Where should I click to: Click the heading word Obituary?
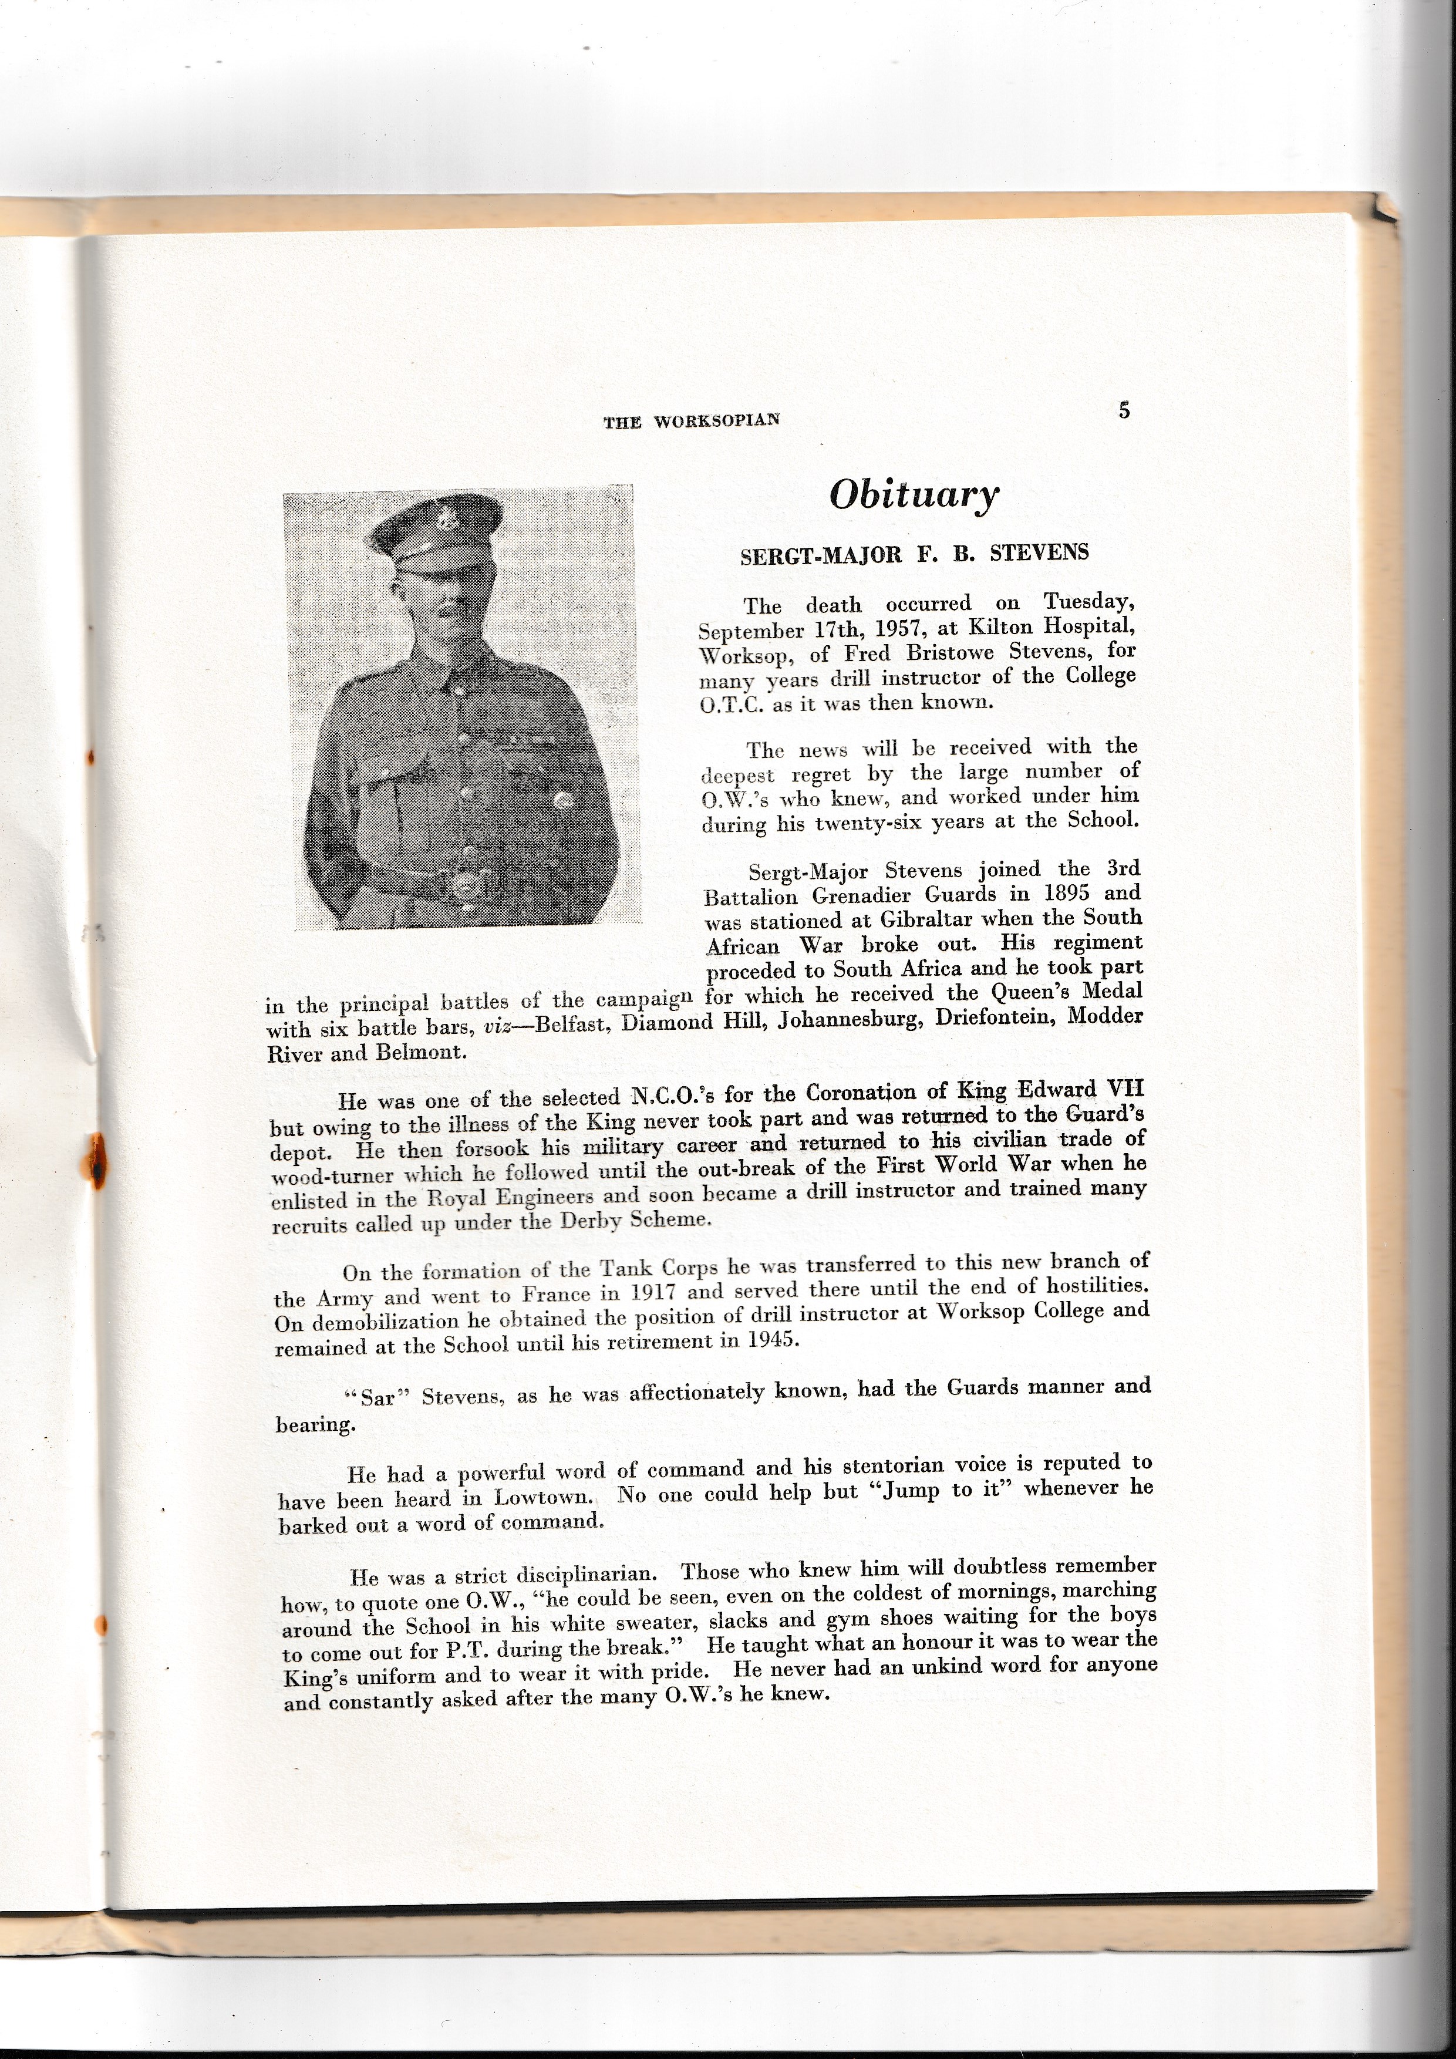coord(913,495)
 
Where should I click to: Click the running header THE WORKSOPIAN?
coord(691,420)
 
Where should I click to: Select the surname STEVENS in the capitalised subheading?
coord(1040,552)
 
